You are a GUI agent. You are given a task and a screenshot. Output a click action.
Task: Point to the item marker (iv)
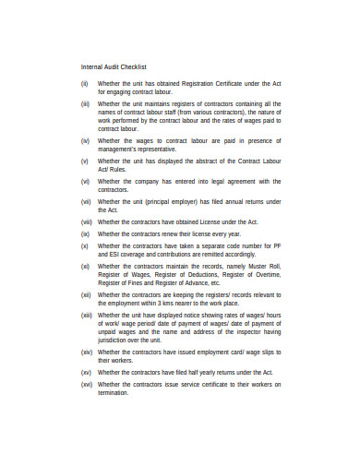84,140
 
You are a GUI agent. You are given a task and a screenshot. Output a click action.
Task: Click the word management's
122,149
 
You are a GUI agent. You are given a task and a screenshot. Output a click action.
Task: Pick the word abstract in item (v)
211,161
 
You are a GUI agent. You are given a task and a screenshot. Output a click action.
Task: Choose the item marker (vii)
85,202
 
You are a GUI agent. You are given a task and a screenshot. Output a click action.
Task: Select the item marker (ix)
84,234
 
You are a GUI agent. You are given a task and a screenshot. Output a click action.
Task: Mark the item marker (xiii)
86,316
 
